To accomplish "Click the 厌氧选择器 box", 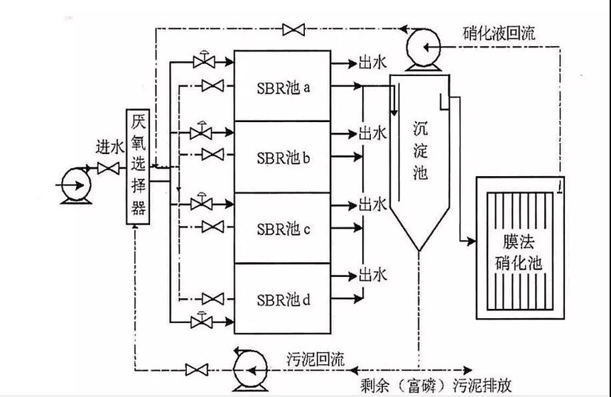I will coord(139,166).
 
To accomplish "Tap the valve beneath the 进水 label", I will coord(109,169).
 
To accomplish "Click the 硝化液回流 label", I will coord(494,34).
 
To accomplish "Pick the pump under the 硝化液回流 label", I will coord(424,50).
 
